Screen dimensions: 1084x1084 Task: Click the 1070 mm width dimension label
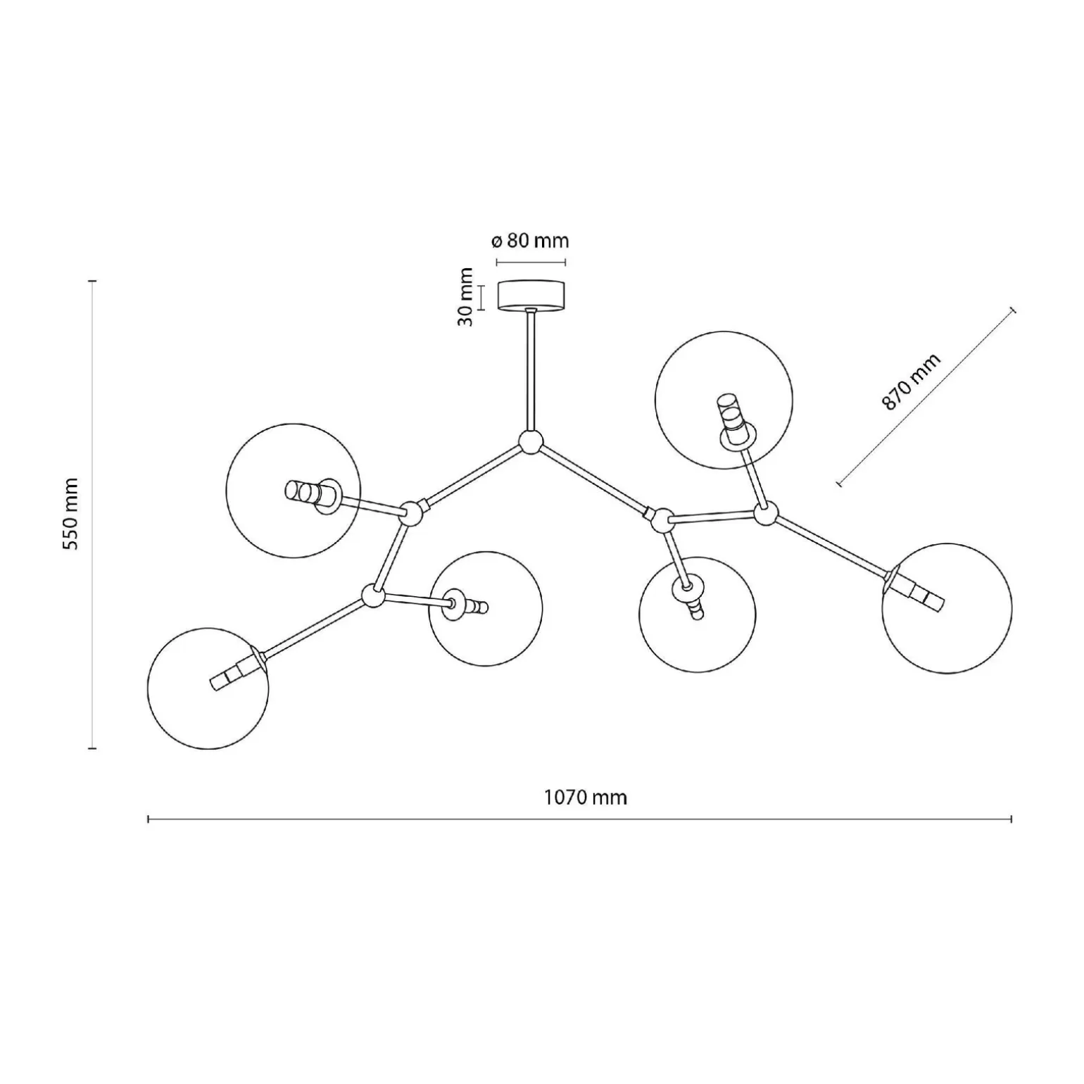point(585,798)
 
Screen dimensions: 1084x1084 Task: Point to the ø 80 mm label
point(530,241)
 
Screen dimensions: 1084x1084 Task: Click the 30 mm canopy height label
point(465,296)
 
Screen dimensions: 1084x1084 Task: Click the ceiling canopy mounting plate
point(531,295)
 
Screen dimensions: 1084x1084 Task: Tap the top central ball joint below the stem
point(531,443)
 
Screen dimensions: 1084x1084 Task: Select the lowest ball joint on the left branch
point(373,595)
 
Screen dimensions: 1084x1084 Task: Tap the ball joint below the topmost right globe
point(766,513)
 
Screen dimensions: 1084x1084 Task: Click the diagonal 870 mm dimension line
point(926,396)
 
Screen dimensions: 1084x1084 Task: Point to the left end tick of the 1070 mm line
point(149,819)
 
